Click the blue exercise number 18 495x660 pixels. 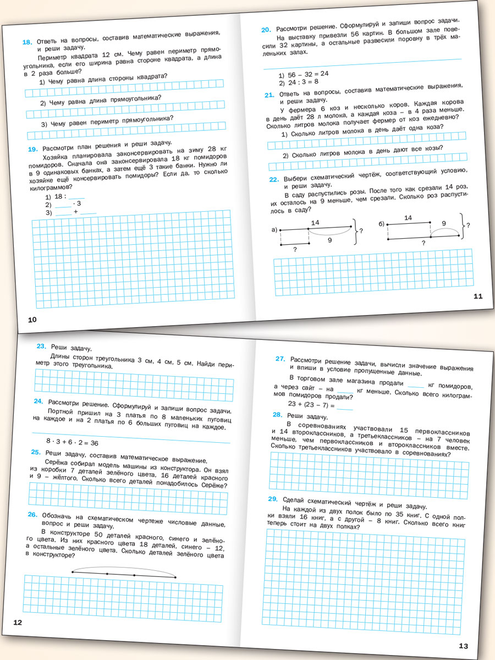[x=27, y=41]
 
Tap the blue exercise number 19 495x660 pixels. [x=32, y=148]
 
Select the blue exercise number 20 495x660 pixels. [x=266, y=29]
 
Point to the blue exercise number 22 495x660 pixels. [x=273, y=179]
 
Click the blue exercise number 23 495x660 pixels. [x=41, y=346]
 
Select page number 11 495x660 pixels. [x=477, y=296]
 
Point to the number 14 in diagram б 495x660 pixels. [x=408, y=218]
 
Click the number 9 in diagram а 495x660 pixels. [x=328, y=240]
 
